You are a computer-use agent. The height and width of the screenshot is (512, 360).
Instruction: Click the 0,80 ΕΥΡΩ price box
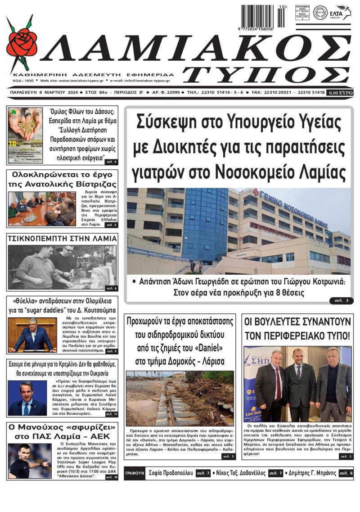pyautogui.click(x=341, y=92)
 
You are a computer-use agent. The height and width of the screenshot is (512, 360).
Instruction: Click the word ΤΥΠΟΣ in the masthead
pyautogui.click(x=268, y=73)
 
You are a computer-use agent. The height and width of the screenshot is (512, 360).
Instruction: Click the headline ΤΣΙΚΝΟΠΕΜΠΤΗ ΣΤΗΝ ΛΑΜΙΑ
pyautogui.click(x=62, y=238)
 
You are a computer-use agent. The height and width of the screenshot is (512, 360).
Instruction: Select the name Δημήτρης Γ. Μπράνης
pyautogui.click(x=311, y=473)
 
